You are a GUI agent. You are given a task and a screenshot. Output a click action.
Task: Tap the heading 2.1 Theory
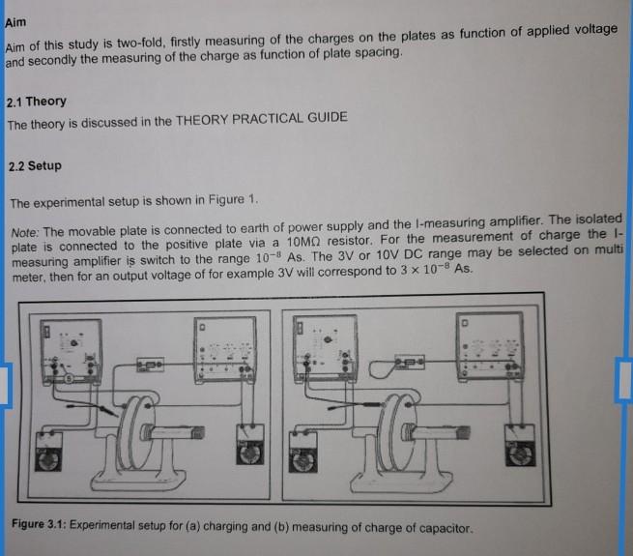(x=36, y=102)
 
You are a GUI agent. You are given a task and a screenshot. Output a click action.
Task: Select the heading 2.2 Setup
(x=34, y=165)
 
